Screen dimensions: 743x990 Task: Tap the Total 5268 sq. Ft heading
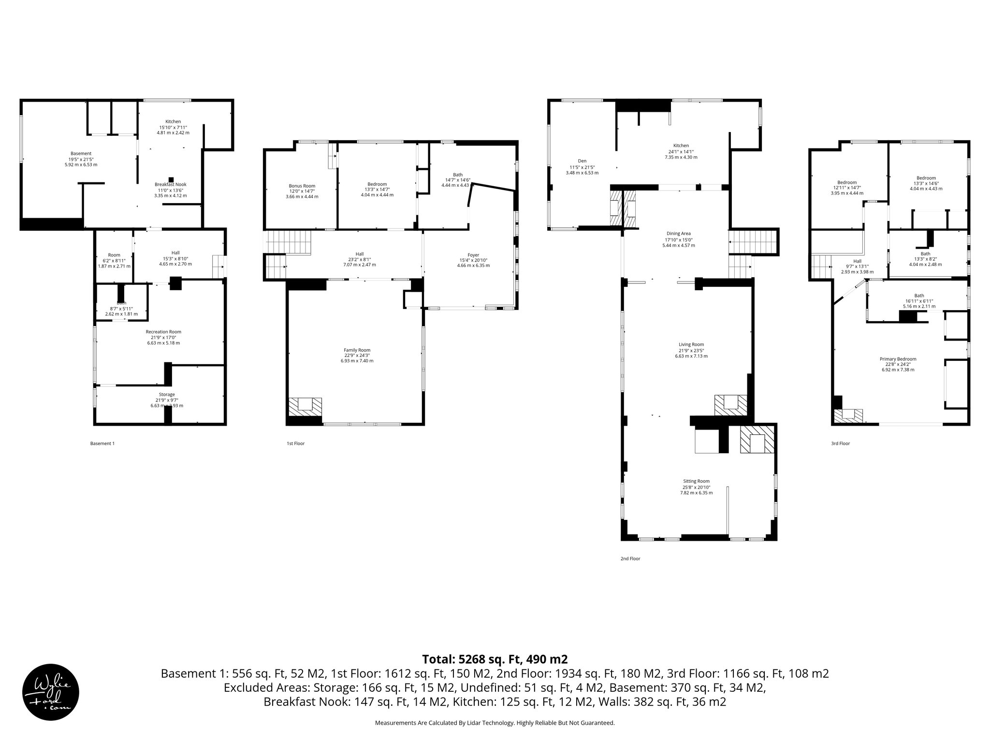coord(495,659)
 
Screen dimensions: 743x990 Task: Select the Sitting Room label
coord(696,481)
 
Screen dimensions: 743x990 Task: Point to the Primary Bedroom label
coord(898,359)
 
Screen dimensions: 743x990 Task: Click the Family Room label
coord(357,350)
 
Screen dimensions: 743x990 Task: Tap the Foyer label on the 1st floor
coord(473,255)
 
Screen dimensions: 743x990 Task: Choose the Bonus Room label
coord(302,186)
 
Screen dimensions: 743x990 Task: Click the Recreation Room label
coord(163,332)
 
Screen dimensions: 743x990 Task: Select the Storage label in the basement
coord(167,395)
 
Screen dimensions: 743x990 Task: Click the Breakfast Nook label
coord(170,184)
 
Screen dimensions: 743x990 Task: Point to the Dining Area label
coord(678,234)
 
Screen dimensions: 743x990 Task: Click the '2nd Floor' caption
coord(630,559)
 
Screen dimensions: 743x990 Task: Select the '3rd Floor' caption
coord(840,444)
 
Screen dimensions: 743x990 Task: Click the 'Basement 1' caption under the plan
coord(102,444)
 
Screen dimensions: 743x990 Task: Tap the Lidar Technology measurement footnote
coord(495,723)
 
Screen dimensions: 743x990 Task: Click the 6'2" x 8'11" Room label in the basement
coord(114,255)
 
